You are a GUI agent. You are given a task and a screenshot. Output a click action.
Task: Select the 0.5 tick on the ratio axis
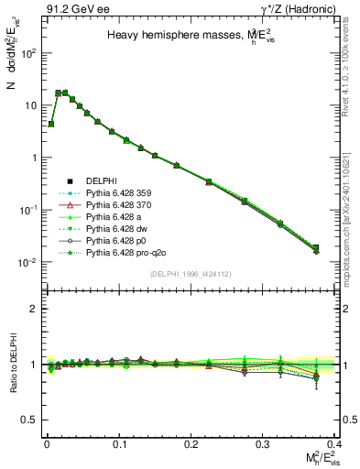tap(35, 420)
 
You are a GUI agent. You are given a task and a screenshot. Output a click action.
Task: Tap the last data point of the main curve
tap(316, 248)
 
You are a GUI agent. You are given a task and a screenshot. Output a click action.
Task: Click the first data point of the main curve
tap(51, 124)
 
